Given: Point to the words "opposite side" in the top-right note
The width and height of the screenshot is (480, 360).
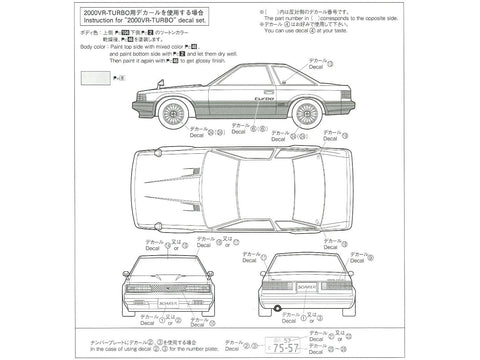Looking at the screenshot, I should [x=436, y=21].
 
